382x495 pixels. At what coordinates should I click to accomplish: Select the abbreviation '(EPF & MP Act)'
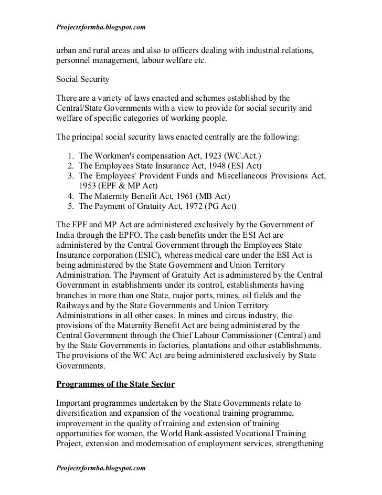(131, 185)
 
